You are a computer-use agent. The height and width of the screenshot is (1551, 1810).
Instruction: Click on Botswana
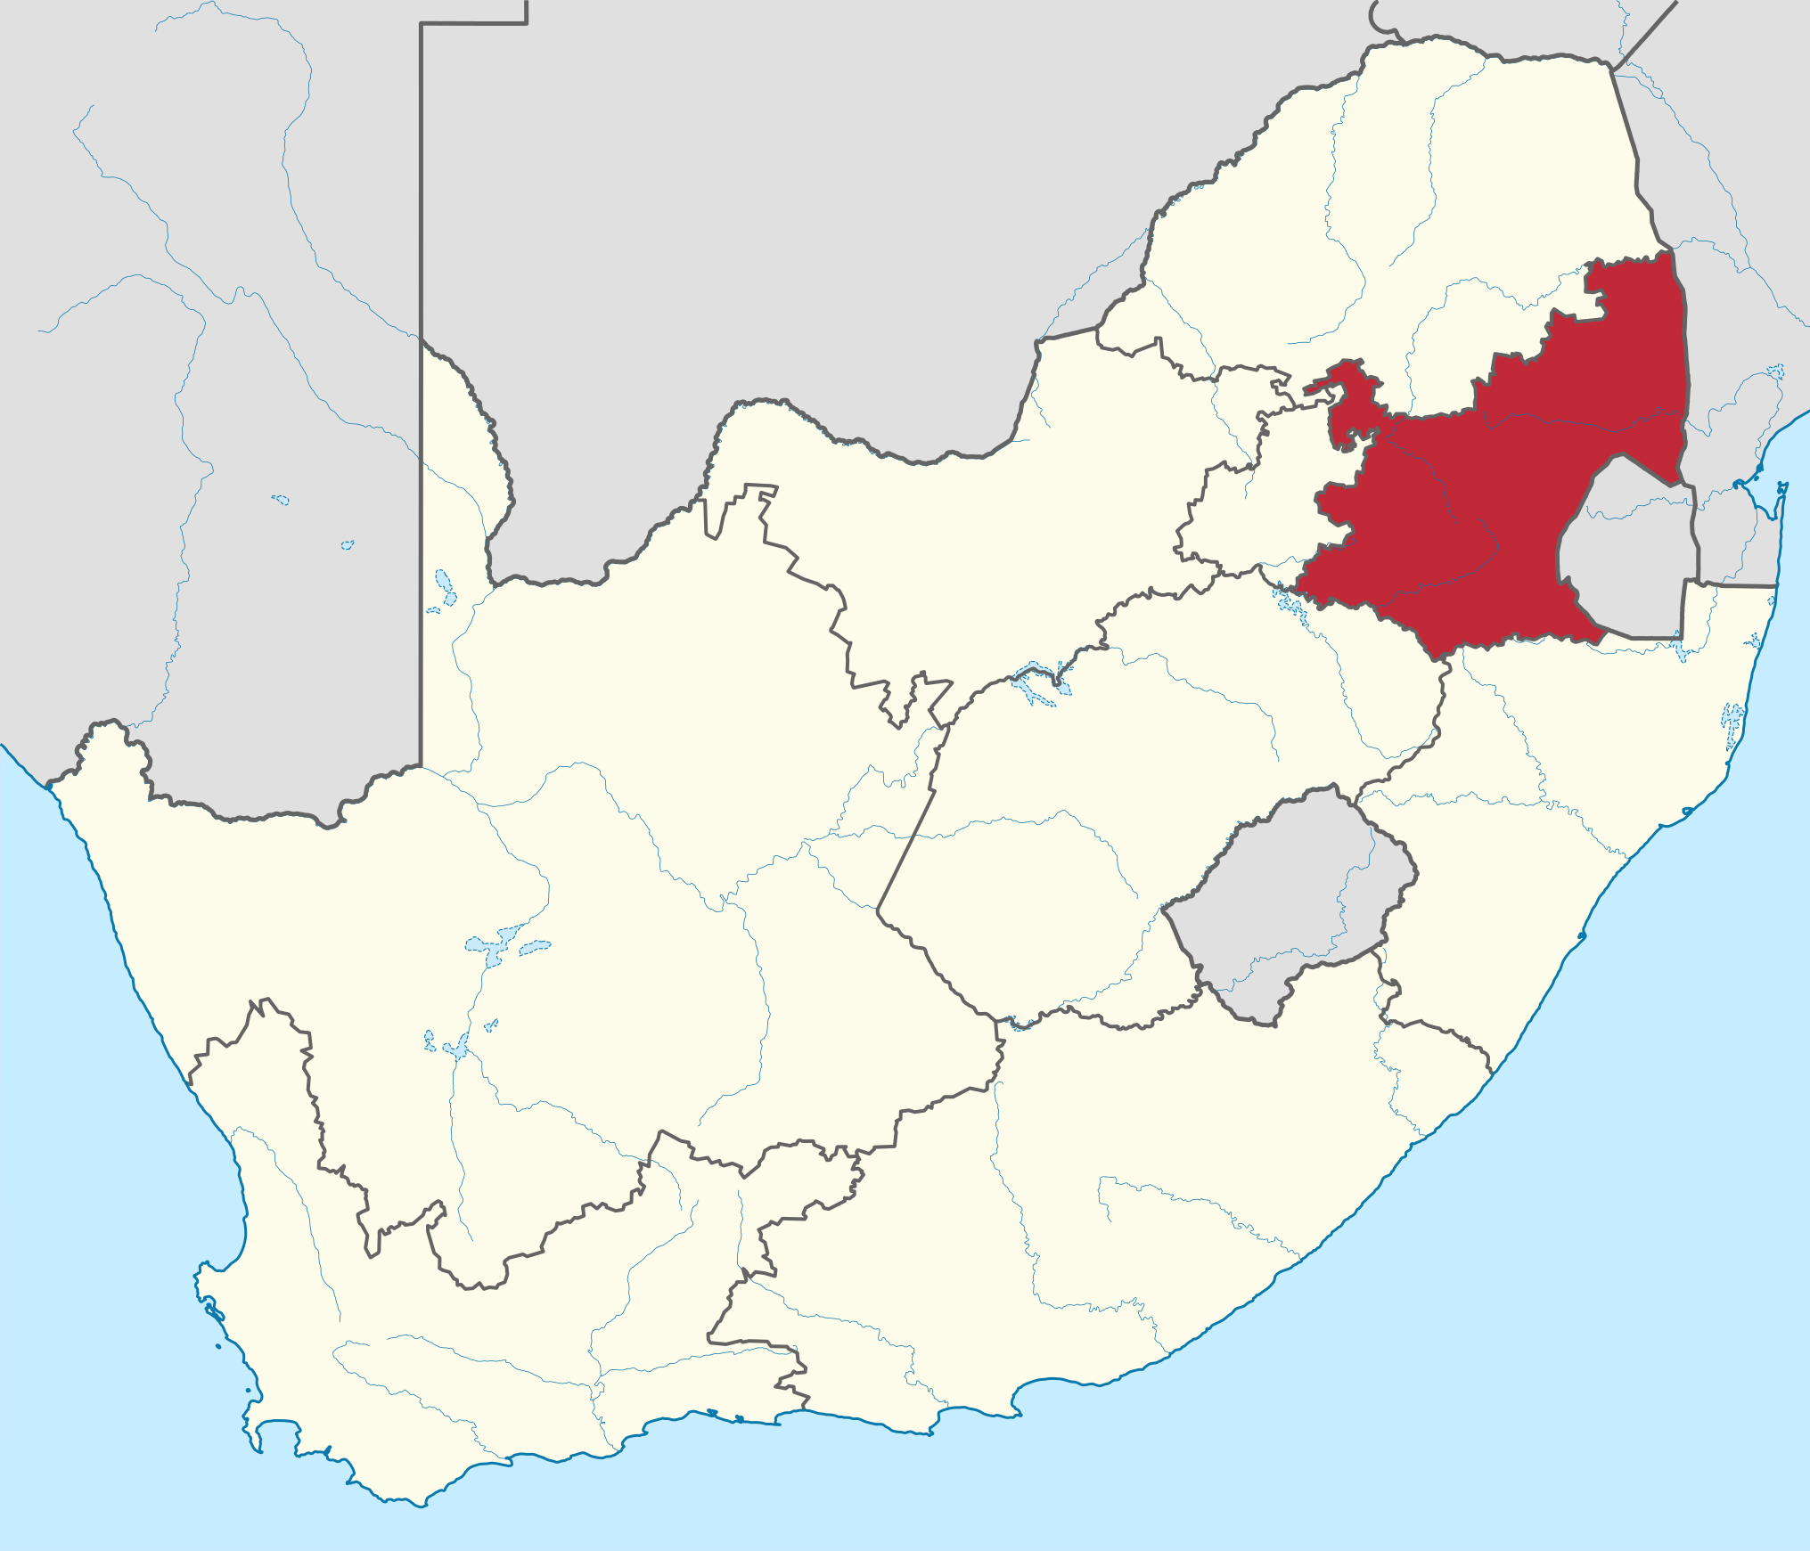tap(802, 223)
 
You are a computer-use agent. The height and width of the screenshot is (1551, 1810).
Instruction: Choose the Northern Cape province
tap(535, 891)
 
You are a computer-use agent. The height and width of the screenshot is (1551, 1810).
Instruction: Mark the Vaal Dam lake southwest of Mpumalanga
tap(1289, 602)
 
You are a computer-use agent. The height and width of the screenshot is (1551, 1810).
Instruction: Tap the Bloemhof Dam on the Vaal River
tap(1034, 682)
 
